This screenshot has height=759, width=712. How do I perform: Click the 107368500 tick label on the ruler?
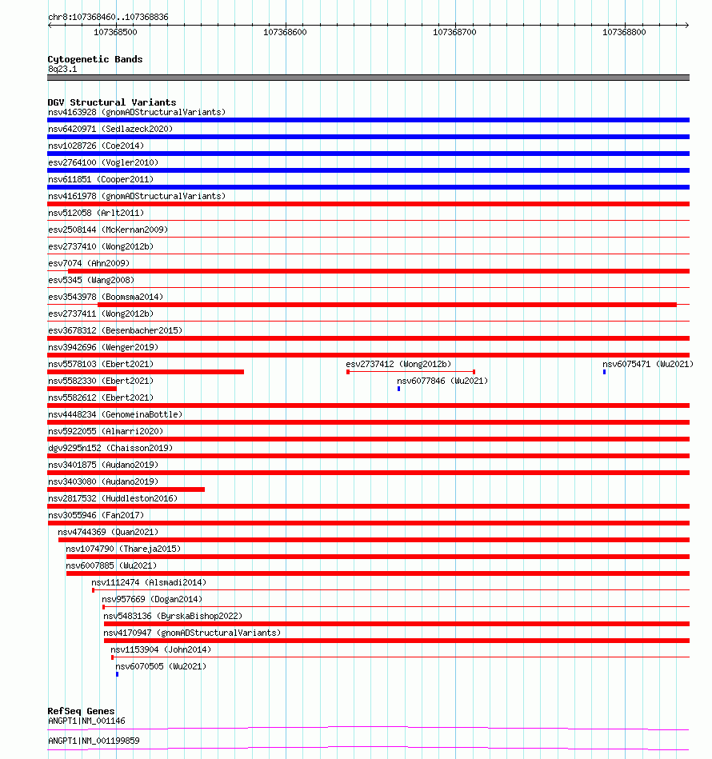click(115, 32)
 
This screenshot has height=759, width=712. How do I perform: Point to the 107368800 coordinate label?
click(624, 32)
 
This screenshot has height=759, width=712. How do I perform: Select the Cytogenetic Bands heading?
click(95, 59)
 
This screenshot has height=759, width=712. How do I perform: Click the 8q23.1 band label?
click(63, 69)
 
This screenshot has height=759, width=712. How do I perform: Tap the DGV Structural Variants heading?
click(112, 102)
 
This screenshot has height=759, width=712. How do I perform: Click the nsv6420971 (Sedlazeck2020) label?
click(110, 129)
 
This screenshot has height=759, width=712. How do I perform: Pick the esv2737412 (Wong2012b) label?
click(398, 364)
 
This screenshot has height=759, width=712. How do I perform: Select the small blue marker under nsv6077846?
click(398, 389)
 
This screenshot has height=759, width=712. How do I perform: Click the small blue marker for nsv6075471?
click(605, 372)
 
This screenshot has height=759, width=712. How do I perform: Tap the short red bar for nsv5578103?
click(146, 372)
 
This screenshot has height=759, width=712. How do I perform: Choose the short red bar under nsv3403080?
click(126, 489)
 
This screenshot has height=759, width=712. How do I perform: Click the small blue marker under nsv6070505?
click(117, 674)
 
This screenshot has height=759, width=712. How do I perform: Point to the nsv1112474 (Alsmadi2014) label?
click(148, 582)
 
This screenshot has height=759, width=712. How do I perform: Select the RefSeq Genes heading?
click(81, 711)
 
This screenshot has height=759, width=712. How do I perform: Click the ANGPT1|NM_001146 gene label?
click(86, 721)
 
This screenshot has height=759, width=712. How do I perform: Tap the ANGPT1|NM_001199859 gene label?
click(94, 741)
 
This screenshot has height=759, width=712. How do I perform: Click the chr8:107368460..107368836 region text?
click(108, 17)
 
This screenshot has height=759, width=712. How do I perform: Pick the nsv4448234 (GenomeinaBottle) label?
click(115, 414)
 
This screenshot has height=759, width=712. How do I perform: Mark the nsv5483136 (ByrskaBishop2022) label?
click(173, 616)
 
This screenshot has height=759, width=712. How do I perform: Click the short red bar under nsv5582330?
click(82, 389)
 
